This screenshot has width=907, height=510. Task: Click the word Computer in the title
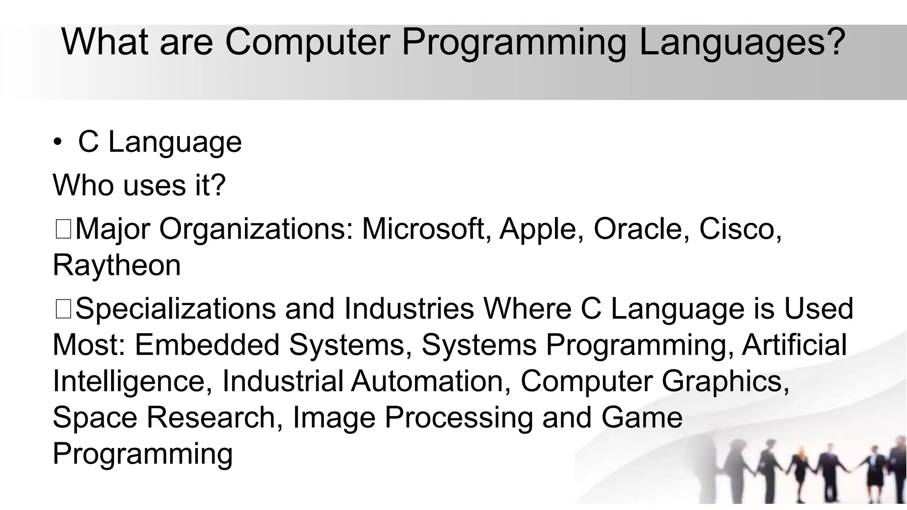click(307, 42)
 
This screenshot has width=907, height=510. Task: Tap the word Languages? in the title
click(742, 42)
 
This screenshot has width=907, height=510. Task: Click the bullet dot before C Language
click(58, 143)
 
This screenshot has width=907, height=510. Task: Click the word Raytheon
click(116, 266)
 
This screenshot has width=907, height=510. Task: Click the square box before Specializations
click(63, 309)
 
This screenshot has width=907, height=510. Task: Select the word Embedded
click(207, 345)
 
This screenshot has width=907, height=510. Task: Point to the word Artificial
click(794, 345)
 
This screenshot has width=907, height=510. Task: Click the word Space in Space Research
click(95, 417)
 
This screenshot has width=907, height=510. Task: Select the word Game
click(642, 417)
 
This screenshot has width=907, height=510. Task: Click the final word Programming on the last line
click(143, 454)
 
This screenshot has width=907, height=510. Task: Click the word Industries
click(409, 309)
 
